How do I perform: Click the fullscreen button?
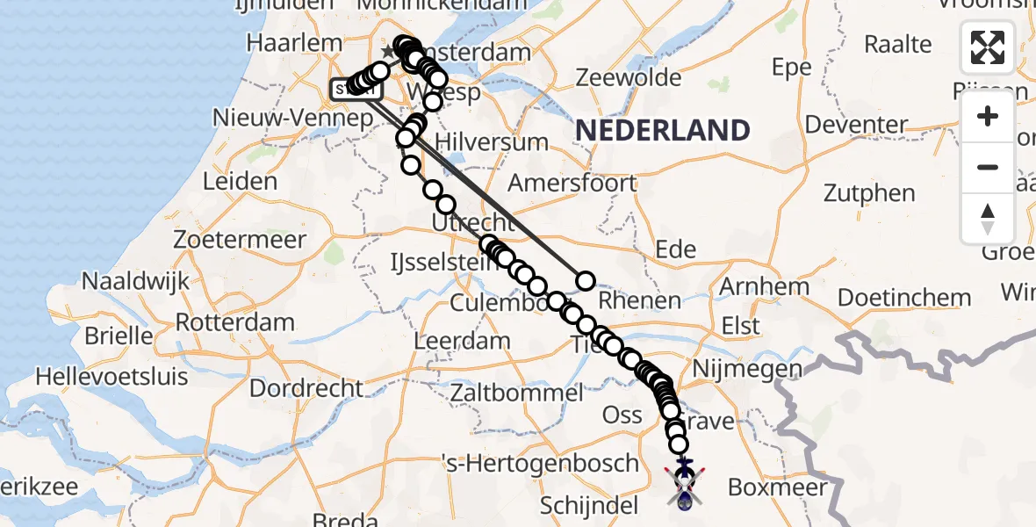[x=988, y=47]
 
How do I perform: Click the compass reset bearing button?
[x=988, y=217]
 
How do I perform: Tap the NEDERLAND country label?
[x=663, y=131]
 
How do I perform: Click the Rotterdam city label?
[x=234, y=321]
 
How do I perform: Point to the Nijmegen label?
[x=747, y=369]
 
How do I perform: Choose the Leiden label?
[x=240, y=182]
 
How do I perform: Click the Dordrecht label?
[x=306, y=387]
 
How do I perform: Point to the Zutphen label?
[x=869, y=193]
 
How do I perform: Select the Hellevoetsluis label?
[x=112, y=377]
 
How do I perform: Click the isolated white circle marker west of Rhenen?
[x=585, y=281]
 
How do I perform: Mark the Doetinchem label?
[x=904, y=298]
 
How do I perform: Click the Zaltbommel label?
[x=516, y=393]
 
